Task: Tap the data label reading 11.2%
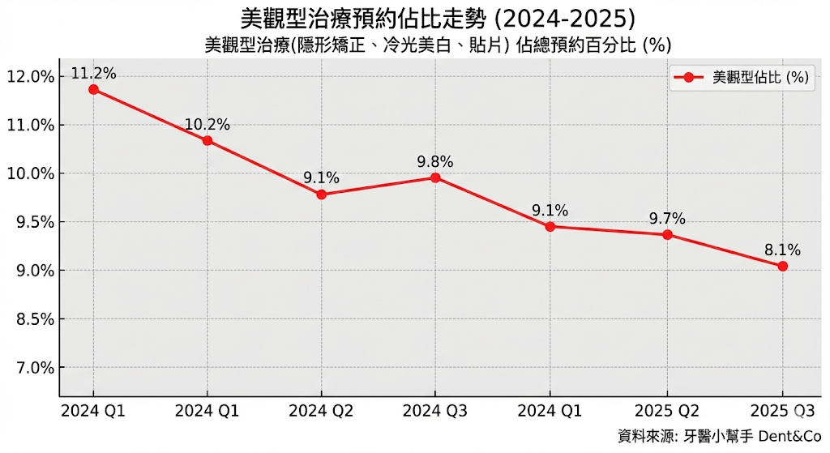93,74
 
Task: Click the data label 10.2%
207,125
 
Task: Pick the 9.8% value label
435,161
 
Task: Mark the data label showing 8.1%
782,250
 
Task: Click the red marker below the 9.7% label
667,235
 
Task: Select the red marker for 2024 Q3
435,177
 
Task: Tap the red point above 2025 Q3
782,266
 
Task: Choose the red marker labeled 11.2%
93,89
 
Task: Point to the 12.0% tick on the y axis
30,77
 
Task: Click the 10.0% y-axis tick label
30,173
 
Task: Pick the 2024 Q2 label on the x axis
322,411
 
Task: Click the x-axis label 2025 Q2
667,411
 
